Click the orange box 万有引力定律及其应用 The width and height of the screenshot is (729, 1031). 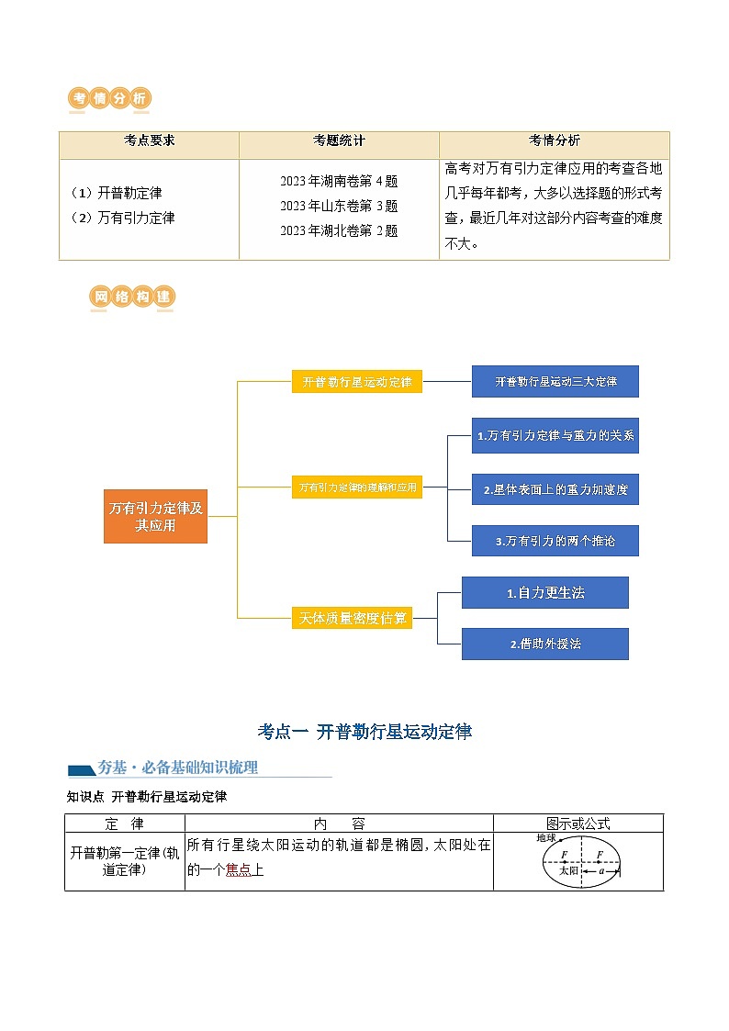tap(155, 517)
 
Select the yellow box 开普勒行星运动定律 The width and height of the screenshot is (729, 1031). tap(356, 381)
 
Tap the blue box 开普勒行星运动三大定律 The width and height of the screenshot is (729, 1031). tap(555, 381)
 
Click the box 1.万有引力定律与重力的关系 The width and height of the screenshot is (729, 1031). tap(555, 435)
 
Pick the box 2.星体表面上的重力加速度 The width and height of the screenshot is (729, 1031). tap(555, 489)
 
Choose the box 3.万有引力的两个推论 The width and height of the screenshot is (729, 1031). tap(555, 541)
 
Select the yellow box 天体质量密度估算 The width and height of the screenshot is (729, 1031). tap(352, 618)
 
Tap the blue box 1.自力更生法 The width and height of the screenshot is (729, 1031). tap(544, 593)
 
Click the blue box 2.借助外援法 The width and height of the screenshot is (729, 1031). tap(544, 644)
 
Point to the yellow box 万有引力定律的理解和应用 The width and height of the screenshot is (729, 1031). tap(356, 488)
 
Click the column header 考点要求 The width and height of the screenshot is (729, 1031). tap(149, 141)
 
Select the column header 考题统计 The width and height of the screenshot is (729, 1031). tap(339, 141)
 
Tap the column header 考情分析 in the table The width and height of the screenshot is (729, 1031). tap(554, 141)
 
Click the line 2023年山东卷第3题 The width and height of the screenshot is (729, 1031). tap(339, 206)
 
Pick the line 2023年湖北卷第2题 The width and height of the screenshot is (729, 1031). tap(339, 230)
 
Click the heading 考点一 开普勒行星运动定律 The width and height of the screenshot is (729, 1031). tap(364, 732)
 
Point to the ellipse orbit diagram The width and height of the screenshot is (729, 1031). tap(580, 862)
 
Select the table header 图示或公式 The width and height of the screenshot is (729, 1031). tap(578, 824)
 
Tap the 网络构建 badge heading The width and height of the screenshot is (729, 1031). tap(132, 297)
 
